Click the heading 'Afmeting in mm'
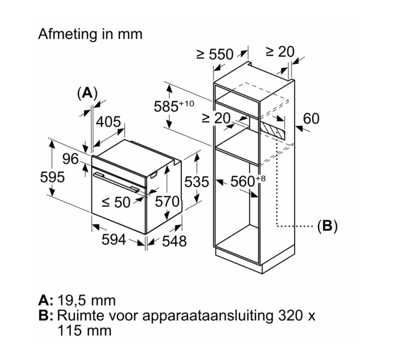coord(91,34)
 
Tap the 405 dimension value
coord(109,122)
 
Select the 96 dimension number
coord(71,159)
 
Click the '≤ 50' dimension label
coord(116,203)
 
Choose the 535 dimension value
coord(197,181)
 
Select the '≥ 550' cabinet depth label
coord(215,55)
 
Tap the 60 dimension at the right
coord(311,119)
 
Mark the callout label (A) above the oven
coord(87,93)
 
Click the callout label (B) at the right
coord(327,226)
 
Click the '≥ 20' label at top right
coord(280,52)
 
